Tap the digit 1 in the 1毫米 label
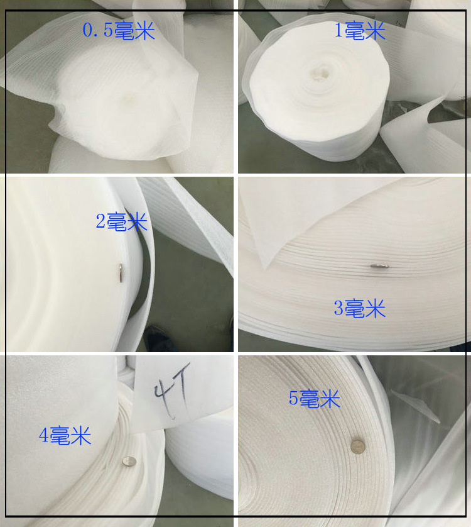coord(338,30)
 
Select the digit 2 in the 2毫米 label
coord(100,221)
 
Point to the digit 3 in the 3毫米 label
coord(338,308)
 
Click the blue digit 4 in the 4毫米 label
coord(43,435)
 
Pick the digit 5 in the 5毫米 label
coord(293,398)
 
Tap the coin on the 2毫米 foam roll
coord(121,272)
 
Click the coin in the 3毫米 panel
coord(380,266)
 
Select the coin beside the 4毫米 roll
coord(129,461)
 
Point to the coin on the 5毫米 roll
coord(357,447)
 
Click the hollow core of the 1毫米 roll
coord(319,72)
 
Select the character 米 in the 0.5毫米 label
coord(144,30)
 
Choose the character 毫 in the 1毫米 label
coord(355,30)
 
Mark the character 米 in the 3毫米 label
coord(375,308)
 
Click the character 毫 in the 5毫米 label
coord(310,398)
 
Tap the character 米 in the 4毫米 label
coord(81,436)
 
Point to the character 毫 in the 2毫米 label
coord(117,221)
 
